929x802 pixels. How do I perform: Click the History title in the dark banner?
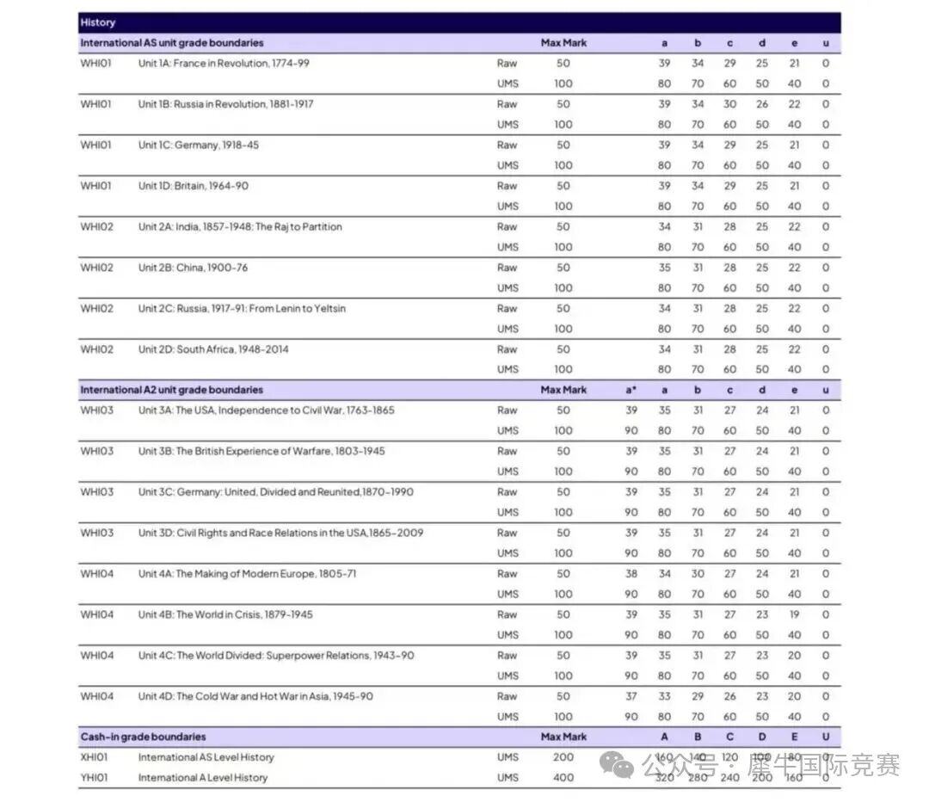(97, 22)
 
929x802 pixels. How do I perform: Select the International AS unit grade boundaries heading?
(172, 42)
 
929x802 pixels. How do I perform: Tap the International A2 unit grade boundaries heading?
(172, 390)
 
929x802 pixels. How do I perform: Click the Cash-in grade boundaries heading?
(143, 737)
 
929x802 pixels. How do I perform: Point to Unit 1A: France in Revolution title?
(224, 64)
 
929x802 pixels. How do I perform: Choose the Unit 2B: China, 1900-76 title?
(193, 268)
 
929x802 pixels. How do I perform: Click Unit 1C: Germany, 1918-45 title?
(198, 145)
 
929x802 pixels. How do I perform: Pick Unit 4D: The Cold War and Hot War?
(255, 696)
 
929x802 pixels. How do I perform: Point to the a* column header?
(631, 390)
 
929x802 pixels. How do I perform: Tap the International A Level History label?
(203, 778)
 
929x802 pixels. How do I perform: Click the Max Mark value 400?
(563, 778)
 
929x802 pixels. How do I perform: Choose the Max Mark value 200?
(563, 757)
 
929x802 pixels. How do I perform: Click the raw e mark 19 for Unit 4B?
(794, 614)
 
